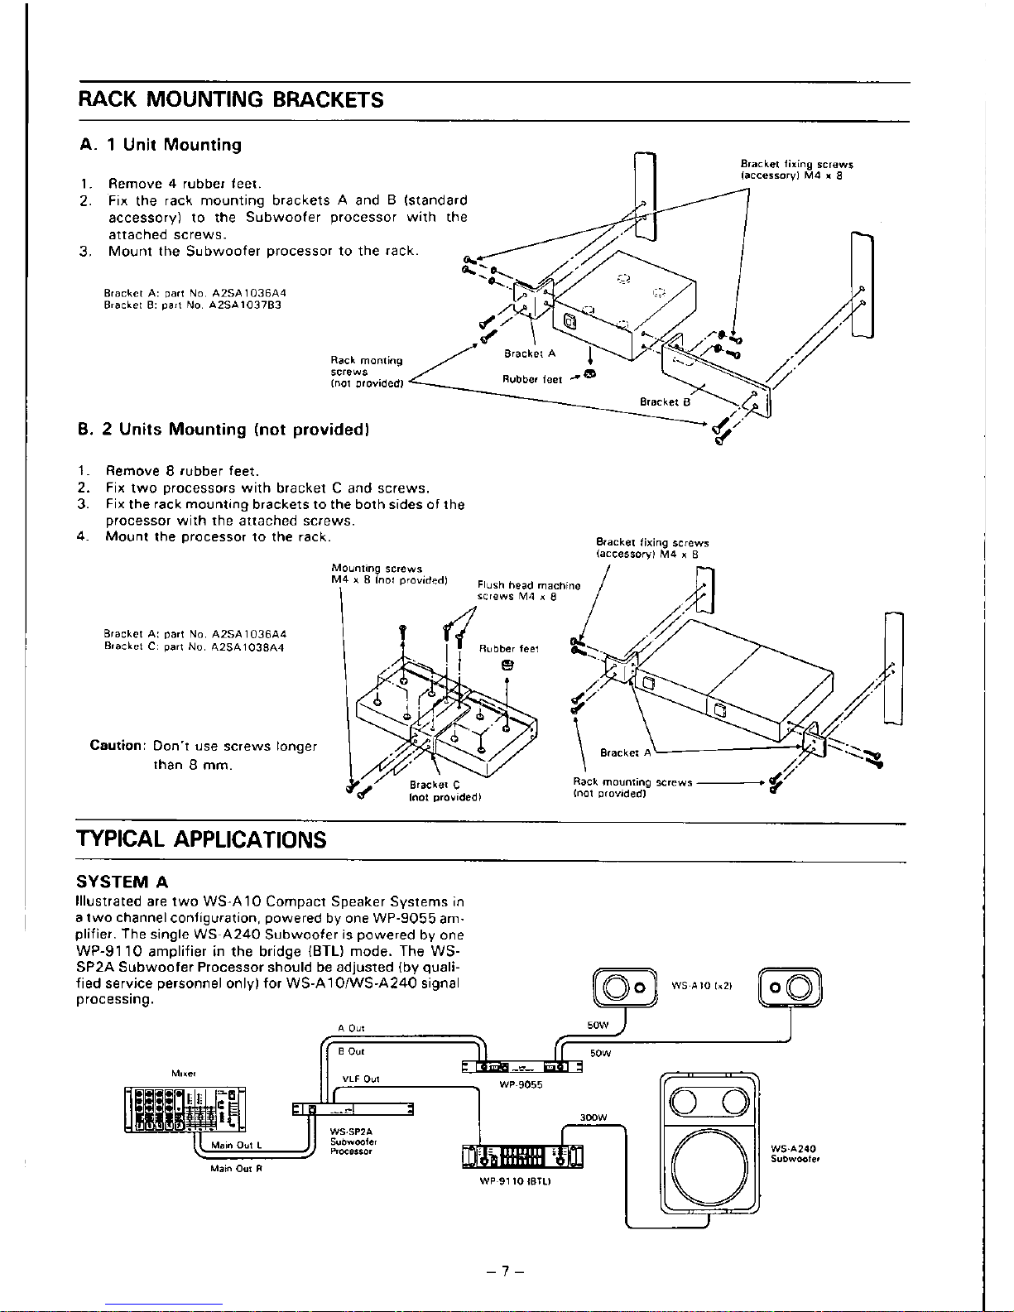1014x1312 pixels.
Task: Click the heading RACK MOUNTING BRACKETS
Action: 231,100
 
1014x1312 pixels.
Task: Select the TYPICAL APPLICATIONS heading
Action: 201,840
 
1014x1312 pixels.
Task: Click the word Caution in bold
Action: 118,746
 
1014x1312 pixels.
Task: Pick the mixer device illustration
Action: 185,1108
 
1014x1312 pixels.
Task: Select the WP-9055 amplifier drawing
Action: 521,1068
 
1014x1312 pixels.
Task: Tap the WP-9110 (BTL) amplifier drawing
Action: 522,1156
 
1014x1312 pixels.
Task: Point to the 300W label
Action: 593,1117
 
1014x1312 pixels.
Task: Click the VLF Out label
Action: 361,1079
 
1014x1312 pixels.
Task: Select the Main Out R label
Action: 236,1169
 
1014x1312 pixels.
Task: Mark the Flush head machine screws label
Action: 528,590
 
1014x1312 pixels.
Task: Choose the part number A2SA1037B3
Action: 246,304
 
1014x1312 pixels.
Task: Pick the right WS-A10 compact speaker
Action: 790,988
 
